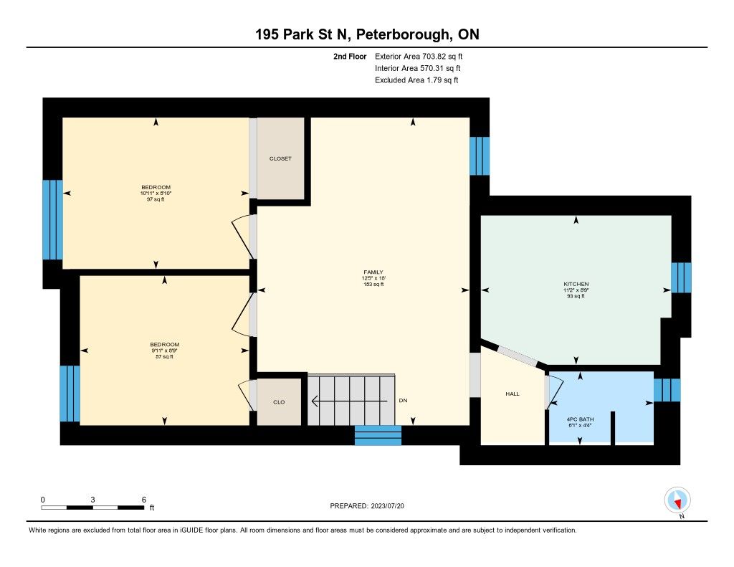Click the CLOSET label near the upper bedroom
coord(280,158)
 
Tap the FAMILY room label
coord(373,272)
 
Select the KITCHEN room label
coord(576,284)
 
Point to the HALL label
coord(513,394)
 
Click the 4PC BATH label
coord(580,419)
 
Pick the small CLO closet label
coord(279,402)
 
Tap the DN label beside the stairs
coord(403,401)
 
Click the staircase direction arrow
coord(349,401)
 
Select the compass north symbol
coord(677,500)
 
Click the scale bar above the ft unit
coord(92,508)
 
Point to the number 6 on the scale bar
coord(144,500)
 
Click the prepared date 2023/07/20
coord(387,506)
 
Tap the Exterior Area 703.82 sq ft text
coord(419,56)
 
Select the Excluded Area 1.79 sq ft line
coord(416,80)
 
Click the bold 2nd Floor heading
coord(350,56)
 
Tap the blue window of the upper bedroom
coord(52,219)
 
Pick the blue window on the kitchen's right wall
coord(681,277)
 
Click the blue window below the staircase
coord(378,435)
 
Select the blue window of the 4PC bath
coord(667,391)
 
